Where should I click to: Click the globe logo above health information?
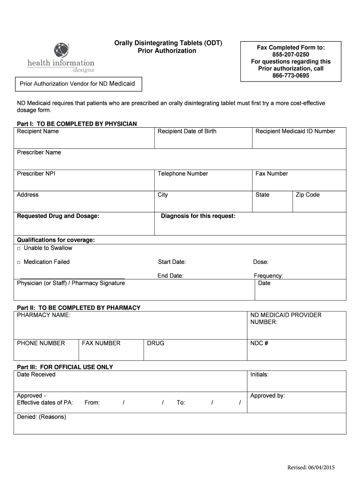(x=61, y=50)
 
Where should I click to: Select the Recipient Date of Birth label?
(x=187, y=131)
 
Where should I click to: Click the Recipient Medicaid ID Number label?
(x=295, y=131)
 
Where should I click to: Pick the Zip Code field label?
(x=308, y=195)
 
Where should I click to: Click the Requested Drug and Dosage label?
(x=58, y=216)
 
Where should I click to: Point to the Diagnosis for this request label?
(x=198, y=216)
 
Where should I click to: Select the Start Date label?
(x=172, y=262)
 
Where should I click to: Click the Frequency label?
(x=268, y=276)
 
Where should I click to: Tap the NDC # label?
(x=259, y=343)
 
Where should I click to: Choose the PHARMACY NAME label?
(x=43, y=315)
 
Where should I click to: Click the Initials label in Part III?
(x=259, y=374)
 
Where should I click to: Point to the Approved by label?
(x=267, y=396)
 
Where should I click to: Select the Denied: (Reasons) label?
(x=42, y=417)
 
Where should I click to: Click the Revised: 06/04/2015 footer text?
(x=311, y=467)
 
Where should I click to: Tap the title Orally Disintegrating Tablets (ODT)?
(x=168, y=43)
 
